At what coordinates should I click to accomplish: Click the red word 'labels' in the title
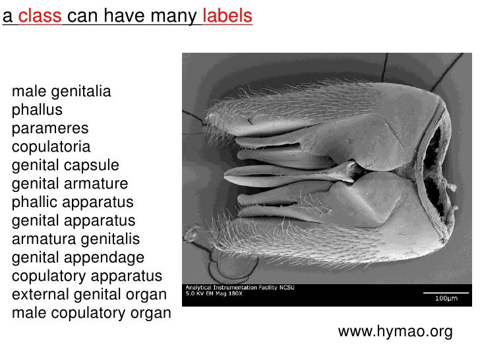coord(227,16)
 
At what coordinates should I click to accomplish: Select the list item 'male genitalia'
coord(61,91)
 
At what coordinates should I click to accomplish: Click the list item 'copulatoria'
coord(51,146)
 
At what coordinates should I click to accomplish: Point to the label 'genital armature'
coord(70,183)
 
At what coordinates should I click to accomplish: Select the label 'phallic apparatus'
coord(73,202)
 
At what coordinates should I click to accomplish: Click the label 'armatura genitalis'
coord(76,239)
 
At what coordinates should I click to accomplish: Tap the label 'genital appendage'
coord(78,257)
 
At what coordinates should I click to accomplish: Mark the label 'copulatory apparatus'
coord(86,276)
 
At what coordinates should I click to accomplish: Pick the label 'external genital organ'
coord(89,294)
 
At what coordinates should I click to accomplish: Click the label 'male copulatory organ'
coord(91,313)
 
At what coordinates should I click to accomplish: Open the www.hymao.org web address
coord(395,332)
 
